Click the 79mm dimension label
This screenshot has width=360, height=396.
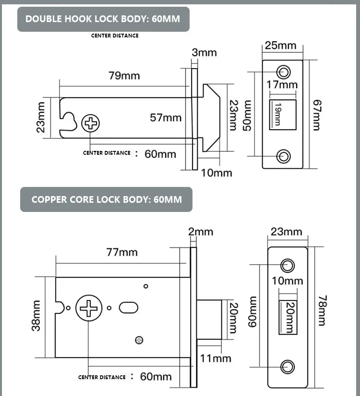pos(124,75)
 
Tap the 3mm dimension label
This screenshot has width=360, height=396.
pos(204,52)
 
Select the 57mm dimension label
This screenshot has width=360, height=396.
pos(166,117)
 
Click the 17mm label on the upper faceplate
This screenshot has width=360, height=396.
pos(282,85)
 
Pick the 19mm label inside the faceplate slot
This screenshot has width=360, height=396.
pos(278,115)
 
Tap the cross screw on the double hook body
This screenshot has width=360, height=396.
pos(91,124)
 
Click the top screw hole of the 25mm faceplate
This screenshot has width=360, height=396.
pos(284,72)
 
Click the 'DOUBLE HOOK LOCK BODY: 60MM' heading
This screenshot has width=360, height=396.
pos(103,19)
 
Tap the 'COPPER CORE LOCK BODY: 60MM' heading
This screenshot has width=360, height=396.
pos(107,199)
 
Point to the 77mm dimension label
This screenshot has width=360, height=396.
pos(122,252)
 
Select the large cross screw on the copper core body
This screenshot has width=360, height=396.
pos(89,308)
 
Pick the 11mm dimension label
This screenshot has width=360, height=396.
pos(216,358)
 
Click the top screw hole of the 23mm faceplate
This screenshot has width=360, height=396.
pos(288,264)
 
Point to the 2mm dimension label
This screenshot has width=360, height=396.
pos(201,232)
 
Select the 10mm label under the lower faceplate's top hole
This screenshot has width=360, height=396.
pos(288,280)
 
